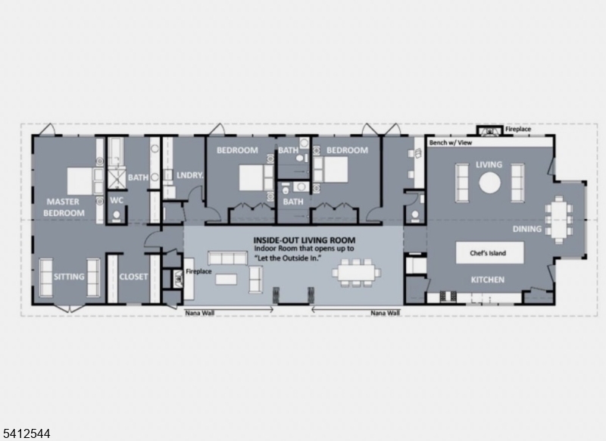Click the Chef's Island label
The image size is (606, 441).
click(488, 253)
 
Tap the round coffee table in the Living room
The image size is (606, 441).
click(489, 183)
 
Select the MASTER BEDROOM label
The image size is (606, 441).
click(64, 207)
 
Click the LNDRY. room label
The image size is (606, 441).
click(190, 175)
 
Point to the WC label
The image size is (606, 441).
click(117, 200)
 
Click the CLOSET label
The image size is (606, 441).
click(133, 277)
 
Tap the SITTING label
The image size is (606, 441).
click(69, 277)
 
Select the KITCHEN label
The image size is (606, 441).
click(487, 280)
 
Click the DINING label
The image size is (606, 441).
click(526, 229)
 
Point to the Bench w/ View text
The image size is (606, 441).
click(451, 142)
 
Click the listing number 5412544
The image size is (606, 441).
click(25, 433)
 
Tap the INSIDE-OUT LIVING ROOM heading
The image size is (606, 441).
click(305, 240)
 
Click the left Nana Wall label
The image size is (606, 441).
click(199, 313)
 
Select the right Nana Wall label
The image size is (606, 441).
click(386, 313)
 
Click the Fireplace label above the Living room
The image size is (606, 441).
click(518, 129)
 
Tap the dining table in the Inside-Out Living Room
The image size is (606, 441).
click(356, 273)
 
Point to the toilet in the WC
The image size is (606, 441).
click(117, 216)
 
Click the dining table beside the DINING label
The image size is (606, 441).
click(558, 219)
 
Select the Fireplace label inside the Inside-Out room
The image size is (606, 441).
click(198, 271)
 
